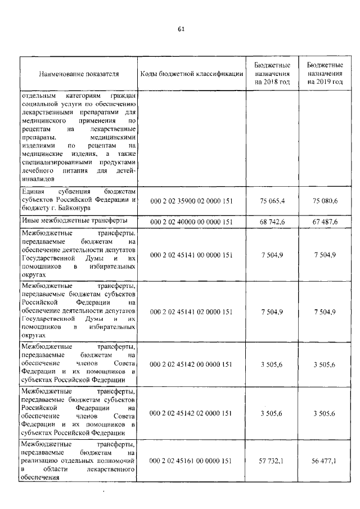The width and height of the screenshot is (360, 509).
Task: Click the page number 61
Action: click(x=181, y=29)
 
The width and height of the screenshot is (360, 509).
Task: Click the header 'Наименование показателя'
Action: click(x=79, y=74)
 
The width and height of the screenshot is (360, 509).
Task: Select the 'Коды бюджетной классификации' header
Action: click(x=192, y=74)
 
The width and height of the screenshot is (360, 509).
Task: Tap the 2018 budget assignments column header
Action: click(x=272, y=74)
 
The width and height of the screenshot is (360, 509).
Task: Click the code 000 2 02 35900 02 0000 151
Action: click(x=192, y=201)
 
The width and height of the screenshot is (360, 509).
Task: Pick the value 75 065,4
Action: click(x=273, y=201)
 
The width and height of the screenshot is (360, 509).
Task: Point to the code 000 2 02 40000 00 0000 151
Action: click(x=192, y=222)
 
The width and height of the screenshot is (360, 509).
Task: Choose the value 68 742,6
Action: click(x=273, y=222)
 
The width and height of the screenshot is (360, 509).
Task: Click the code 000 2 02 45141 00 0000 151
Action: click(x=192, y=255)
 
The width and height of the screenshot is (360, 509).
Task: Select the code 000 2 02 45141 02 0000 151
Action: click(x=192, y=311)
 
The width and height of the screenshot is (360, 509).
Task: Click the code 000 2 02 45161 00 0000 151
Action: click(x=192, y=461)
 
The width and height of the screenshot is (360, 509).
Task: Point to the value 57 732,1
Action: click(x=273, y=461)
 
